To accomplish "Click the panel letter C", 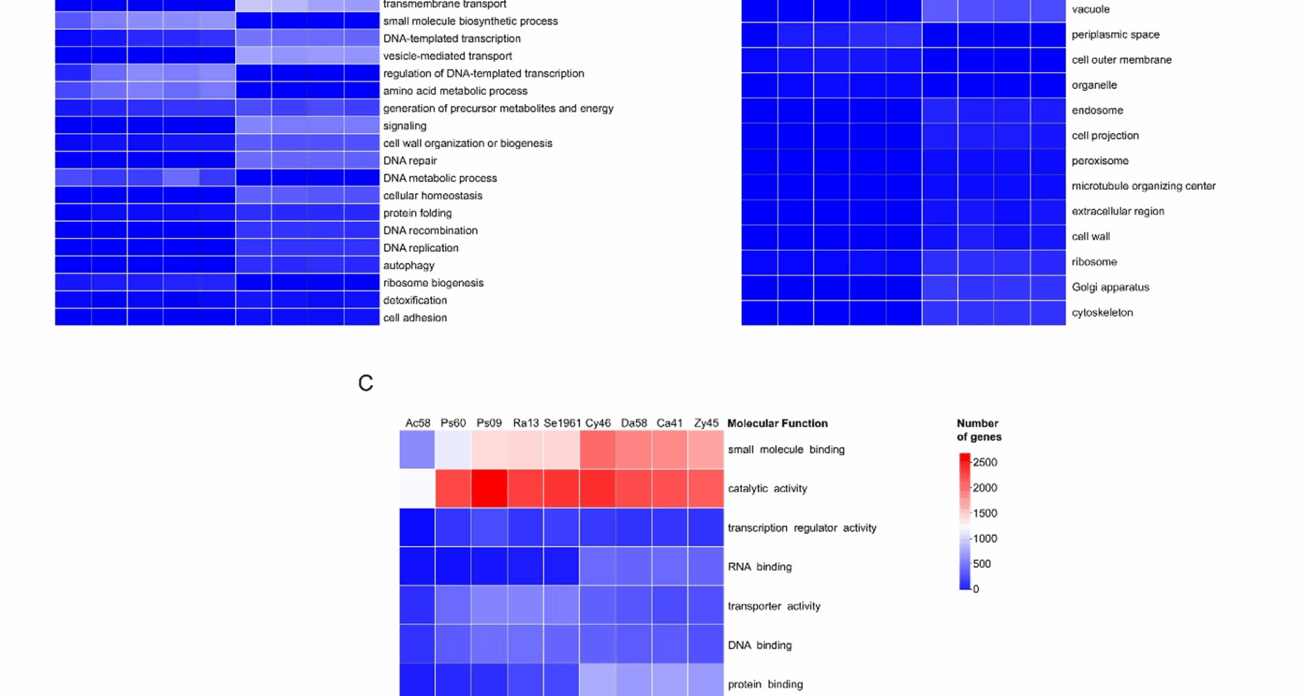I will tap(365, 383).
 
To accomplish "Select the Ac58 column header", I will tap(418, 423).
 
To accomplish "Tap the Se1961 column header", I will tap(562, 423).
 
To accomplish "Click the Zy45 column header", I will tap(706, 423).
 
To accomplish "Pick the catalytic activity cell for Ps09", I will tap(489, 488).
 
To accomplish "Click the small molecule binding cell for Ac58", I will tap(417, 449).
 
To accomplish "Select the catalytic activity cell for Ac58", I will tap(417, 488).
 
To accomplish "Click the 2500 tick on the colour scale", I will tap(984, 462).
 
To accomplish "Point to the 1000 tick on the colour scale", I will tap(984, 538).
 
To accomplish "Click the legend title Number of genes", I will tap(979, 430).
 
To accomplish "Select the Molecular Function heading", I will tap(777, 423).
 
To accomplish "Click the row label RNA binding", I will tap(759, 566).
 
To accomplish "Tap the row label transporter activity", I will tap(774, 606).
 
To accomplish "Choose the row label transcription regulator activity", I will tap(801, 527).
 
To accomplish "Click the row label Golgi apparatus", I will tap(1110, 287).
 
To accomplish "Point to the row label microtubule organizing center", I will tap(1143, 186).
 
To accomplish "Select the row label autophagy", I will tap(408, 265).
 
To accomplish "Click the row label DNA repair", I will tap(410, 160).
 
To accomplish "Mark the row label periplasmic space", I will tap(1115, 34).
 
